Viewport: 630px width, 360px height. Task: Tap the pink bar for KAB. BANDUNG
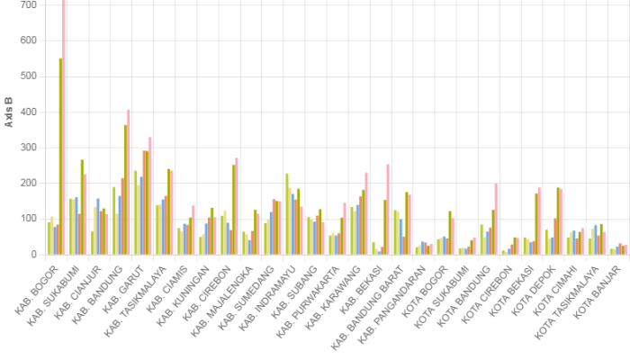pos(128,181)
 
